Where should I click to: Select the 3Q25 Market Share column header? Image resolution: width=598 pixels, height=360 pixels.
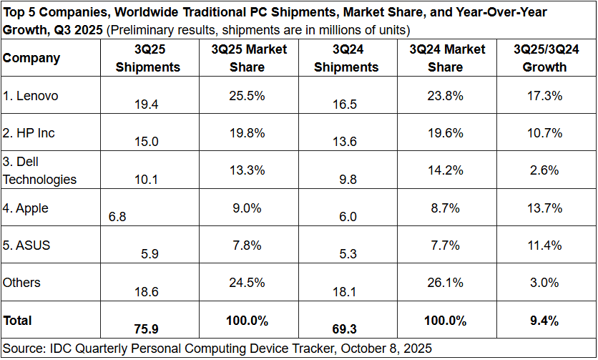[249, 58]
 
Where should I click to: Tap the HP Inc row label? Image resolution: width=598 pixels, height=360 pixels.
[28, 133]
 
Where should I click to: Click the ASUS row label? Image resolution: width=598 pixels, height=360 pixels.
[26, 245]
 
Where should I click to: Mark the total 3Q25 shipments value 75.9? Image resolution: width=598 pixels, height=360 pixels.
[147, 329]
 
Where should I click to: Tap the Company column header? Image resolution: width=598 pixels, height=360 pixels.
[31, 58]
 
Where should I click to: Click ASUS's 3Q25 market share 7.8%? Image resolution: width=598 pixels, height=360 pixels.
[248, 245]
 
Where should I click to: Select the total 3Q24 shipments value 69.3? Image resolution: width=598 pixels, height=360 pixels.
[345, 329]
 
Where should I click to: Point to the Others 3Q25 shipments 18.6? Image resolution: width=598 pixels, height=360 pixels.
[147, 291]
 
